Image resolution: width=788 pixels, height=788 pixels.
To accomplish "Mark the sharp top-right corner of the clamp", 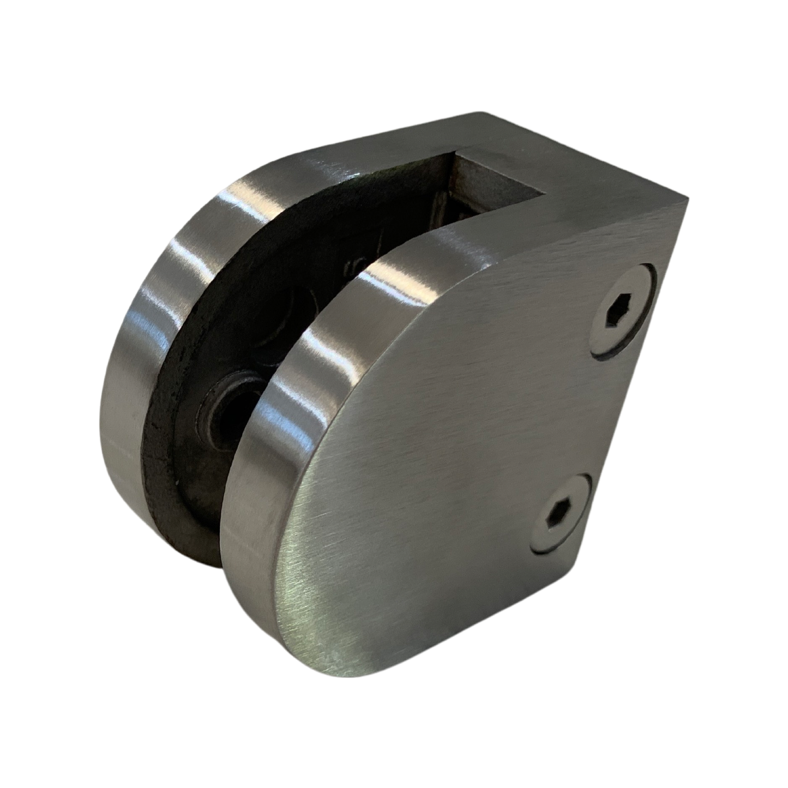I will (688, 207).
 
